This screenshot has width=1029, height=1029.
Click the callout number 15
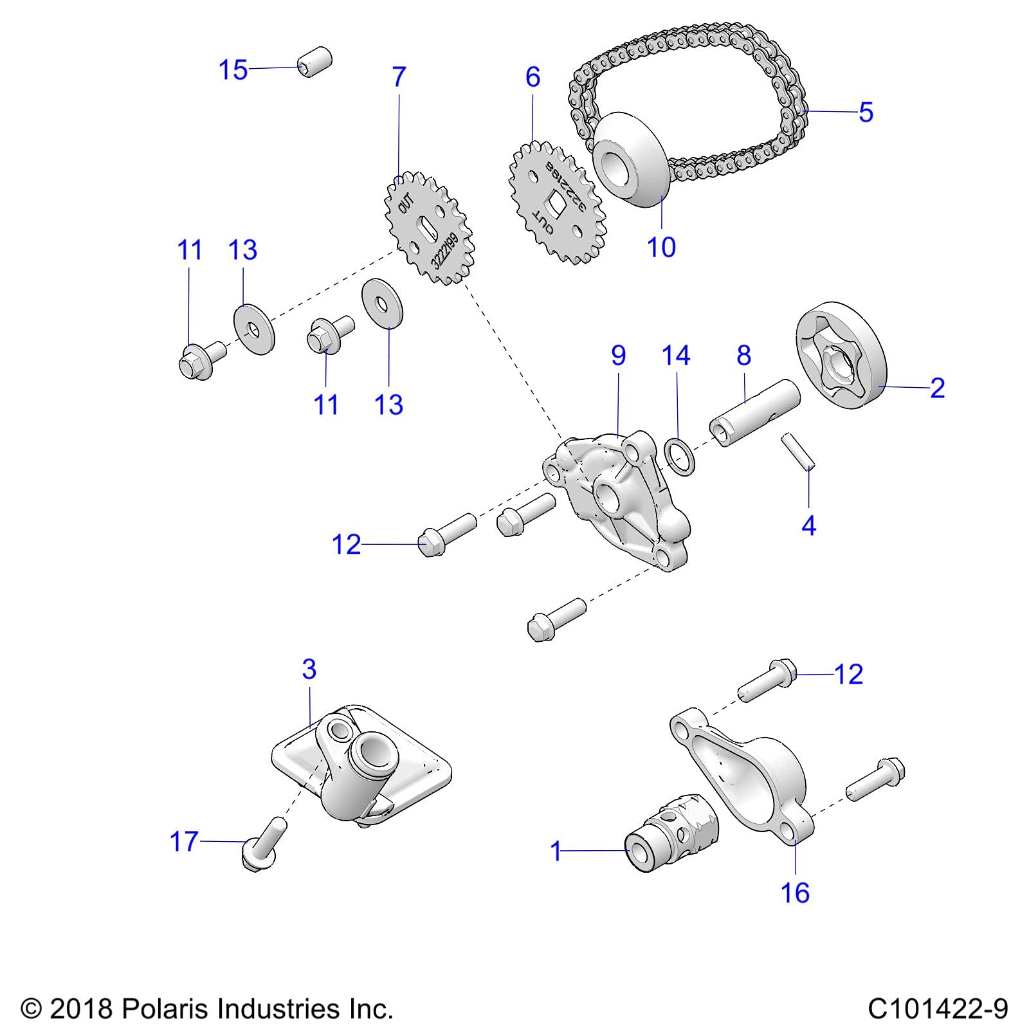point(233,70)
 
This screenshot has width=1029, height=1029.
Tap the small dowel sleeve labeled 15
point(314,61)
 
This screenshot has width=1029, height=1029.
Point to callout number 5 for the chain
point(866,113)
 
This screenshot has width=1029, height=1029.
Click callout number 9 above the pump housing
point(618,356)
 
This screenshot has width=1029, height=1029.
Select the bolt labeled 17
point(262,843)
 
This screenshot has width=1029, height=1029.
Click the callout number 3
point(309,669)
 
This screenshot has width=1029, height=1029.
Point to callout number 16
point(795,893)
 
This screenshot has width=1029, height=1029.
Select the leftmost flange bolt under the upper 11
point(200,361)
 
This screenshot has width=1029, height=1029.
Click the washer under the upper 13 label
point(253,330)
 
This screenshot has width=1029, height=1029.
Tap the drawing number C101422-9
point(938,1008)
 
